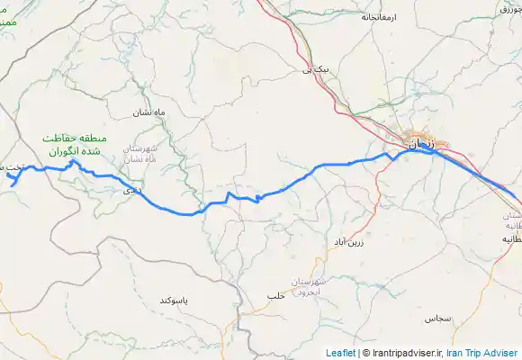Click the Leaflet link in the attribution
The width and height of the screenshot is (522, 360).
coord(339,353)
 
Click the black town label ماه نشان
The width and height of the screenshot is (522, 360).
coord(151,112)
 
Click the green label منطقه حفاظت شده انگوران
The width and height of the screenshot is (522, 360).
coord(76,144)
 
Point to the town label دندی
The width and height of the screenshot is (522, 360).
coord(130,191)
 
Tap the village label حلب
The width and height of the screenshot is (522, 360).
coord(275,296)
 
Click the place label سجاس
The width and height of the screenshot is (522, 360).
coord(437,319)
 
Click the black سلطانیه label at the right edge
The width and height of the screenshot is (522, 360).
coord(509,239)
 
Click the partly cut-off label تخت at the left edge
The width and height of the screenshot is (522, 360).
coord(12,168)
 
